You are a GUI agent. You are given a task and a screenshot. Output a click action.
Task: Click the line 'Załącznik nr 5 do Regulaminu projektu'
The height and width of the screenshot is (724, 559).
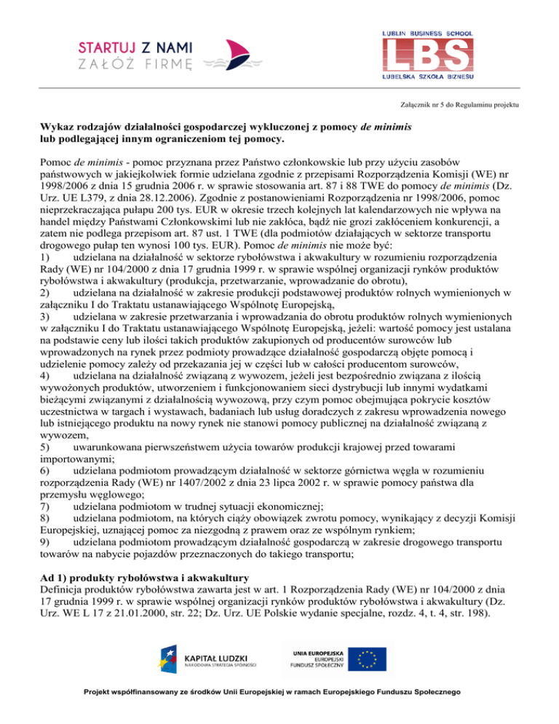click(x=461, y=105)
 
